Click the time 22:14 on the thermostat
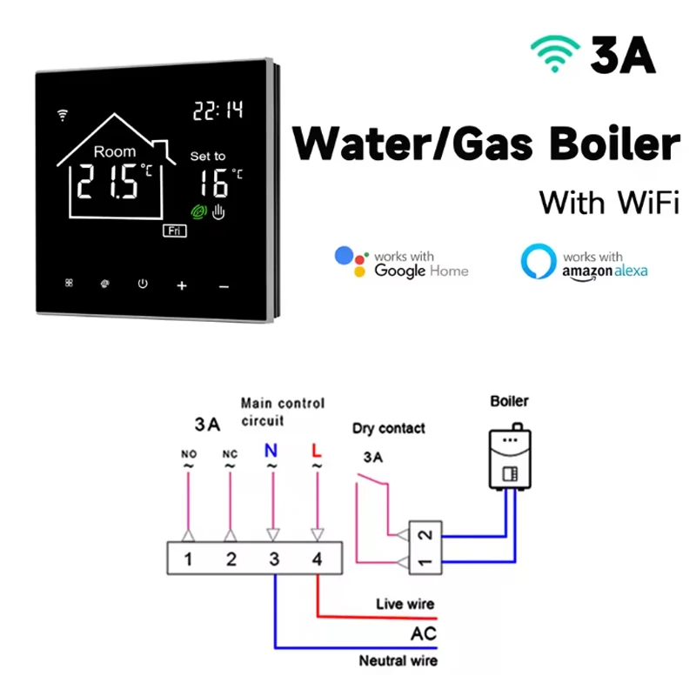[x=217, y=110]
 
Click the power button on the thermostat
[x=143, y=283]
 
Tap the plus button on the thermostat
[x=182, y=285]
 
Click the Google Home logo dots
[x=351, y=262]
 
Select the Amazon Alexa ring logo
[x=538, y=262]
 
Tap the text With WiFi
[x=608, y=202]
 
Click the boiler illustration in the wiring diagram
[x=509, y=458]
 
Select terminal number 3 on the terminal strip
[x=274, y=559]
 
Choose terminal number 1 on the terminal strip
[x=188, y=559]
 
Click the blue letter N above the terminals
[x=272, y=451]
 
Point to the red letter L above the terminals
[x=316, y=451]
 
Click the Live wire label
[x=405, y=604]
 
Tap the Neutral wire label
[x=398, y=661]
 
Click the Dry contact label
[x=389, y=428]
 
